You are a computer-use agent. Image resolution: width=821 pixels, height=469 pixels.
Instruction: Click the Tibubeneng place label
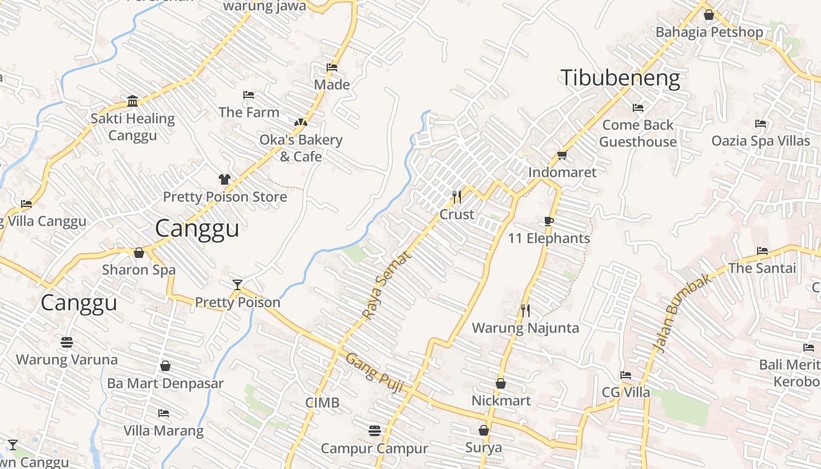[620, 78]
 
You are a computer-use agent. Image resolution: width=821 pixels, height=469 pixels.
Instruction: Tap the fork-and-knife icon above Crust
[457, 196]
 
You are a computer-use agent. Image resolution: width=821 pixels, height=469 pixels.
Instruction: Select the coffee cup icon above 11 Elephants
[548, 221]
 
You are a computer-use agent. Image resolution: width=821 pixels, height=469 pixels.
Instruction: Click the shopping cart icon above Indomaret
[562, 155]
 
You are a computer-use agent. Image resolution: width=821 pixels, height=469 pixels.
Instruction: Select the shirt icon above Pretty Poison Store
[225, 179]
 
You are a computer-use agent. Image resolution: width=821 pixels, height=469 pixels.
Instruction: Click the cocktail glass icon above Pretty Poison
[237, 285]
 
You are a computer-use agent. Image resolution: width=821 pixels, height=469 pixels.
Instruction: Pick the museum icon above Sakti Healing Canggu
[133, 101]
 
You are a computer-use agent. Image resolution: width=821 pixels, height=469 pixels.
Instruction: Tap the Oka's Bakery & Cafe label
[301, 148]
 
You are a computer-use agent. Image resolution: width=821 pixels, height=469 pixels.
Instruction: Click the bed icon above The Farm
[249, 95]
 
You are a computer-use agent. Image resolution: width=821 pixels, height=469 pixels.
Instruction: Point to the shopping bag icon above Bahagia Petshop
[709, 15]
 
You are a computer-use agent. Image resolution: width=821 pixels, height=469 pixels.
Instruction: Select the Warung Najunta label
[525, 328]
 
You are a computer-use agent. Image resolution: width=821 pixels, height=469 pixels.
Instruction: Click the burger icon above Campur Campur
[375, 431]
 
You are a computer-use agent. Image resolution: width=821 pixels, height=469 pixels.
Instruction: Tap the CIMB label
[322, 403]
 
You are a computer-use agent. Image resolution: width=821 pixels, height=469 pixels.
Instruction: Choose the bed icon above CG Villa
[626, 375]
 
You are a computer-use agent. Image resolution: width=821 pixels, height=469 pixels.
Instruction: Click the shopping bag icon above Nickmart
[501, 383]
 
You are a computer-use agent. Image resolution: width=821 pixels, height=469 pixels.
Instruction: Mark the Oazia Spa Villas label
[761, 141]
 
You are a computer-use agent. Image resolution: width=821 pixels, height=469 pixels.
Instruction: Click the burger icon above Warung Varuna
[66, 342]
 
